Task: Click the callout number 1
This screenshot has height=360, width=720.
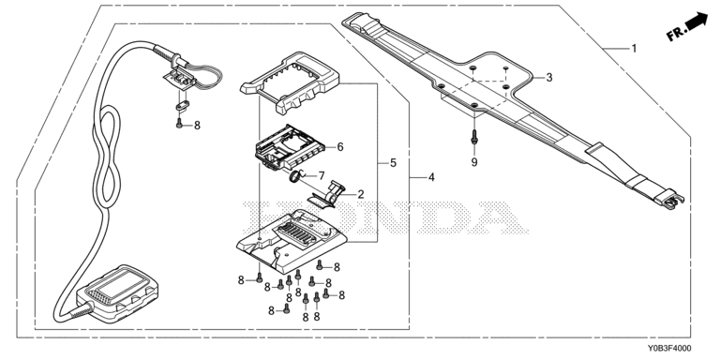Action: coord(635,48)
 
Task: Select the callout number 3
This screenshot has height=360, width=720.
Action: coord(549,78)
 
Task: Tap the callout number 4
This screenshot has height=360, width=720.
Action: coord(431,177)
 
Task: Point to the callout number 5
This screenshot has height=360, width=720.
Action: coord(393,163)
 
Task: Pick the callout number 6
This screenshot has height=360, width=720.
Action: coord(340,147)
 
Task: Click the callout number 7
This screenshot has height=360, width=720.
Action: coord(322,176)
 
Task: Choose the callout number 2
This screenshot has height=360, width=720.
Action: coord(360,195)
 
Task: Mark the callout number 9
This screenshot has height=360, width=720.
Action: coord(474,162)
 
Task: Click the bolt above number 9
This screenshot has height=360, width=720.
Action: coord(474,136)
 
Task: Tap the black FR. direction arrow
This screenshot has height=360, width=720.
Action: coord(697,22)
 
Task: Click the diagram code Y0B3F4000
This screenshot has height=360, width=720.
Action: coord(669,349)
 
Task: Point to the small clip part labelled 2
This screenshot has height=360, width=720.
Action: coord(328,195)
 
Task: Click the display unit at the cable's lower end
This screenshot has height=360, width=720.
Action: coord(118,292)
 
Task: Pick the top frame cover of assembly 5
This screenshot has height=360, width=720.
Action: coord(290,82)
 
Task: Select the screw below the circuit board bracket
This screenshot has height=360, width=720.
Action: coord(180,123)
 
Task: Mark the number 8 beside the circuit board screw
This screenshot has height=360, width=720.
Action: coord(197,126)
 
